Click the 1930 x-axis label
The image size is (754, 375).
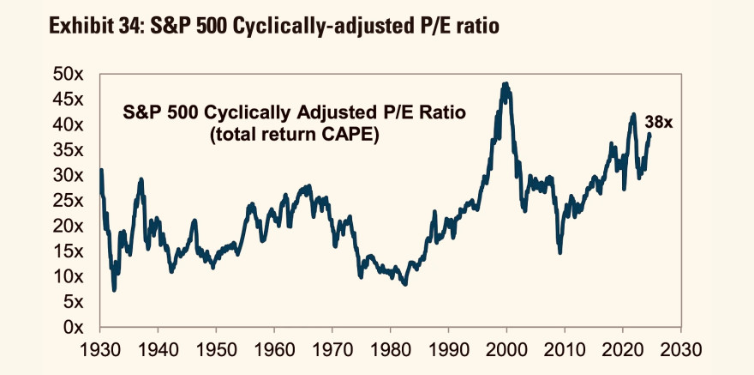[x=100, y=350]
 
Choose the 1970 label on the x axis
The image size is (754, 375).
[x=332, y=350]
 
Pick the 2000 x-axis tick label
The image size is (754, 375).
[x=506, y=350]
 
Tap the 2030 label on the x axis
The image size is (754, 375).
[x=680, y=350]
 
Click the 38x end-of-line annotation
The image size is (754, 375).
[x=659, y=123]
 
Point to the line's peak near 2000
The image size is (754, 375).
[x=506, y=84]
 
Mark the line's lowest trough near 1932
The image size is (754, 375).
[x=114, y=290]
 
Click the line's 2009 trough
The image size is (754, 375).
[x=560, y=252]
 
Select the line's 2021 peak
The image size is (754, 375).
[x=633, y=114]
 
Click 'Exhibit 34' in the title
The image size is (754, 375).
[x=90, y=27]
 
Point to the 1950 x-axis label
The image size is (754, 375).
[x=216, y=350]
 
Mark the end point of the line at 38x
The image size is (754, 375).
[x=649, y=134]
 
